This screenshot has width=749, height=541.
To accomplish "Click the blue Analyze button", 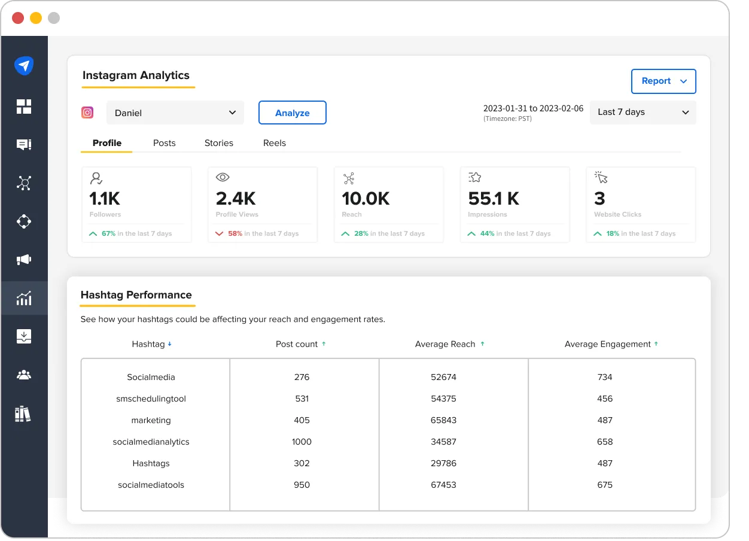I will click(292, 113).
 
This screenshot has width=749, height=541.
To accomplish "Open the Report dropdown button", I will click(663, 81).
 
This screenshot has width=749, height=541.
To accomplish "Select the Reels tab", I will click(275, 143).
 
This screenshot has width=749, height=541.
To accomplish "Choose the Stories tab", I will click(219, 143).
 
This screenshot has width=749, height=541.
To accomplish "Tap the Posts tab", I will click(164, 143).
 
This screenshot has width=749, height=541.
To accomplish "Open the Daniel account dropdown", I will click(175, 113).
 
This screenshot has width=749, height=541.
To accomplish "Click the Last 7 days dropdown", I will click(643, 112).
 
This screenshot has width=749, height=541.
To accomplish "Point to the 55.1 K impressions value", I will click(494, 198).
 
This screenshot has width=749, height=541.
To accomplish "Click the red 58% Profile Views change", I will click(235, 233).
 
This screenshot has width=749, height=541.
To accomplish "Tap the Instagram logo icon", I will click(87, 113).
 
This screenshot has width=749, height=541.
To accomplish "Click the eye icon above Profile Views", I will click(223, 177).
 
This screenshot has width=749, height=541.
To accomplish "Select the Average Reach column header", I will click(445, 344).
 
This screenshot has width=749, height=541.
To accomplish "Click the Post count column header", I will click(297, 344).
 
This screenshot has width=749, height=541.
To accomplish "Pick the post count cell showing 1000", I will click(302, 442).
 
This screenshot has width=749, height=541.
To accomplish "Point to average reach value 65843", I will click(443, 420).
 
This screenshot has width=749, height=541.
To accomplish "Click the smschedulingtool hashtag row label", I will click(151, 399).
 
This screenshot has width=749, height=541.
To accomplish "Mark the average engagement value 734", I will click(605, 377).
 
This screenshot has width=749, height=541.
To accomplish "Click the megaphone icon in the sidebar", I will click(24, 260).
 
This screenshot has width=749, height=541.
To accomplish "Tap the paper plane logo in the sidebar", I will click(24, 66).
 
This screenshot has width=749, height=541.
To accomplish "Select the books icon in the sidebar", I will click(23, 414).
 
